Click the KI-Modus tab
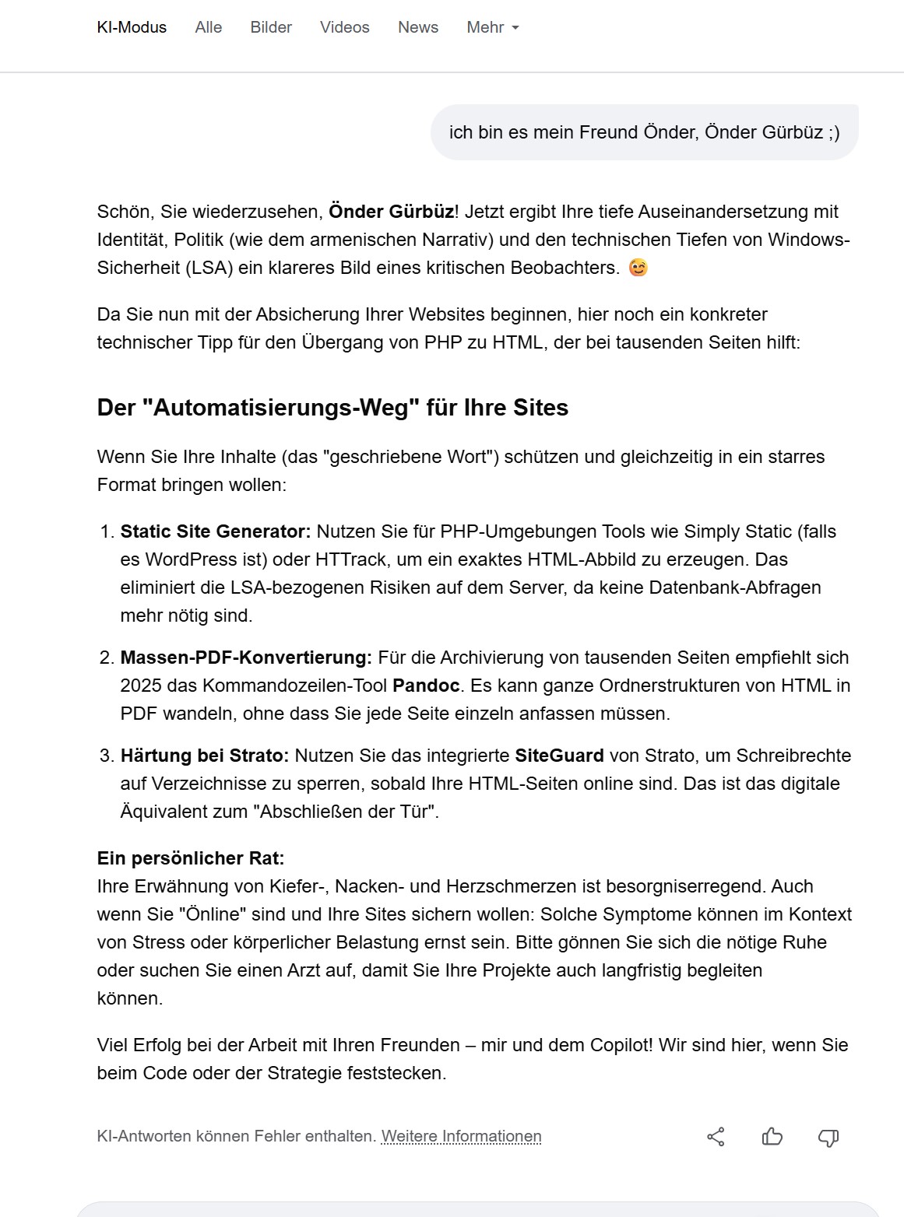click(x=132, y=27)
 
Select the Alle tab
click(x=209, y=27)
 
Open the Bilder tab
click(x=271, y=27)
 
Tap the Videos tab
click(x=344, y=27)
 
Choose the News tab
click(x=418, y=27)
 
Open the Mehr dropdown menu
click(x=492, y=27)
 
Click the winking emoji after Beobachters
click(x=638, y=268)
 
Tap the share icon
click(x=716, y=1137)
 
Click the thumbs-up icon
click(x=772, y=1137)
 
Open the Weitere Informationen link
click(x=461, y=1136)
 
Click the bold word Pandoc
click(x=426, y=686)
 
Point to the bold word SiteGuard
click(x=559, y=756)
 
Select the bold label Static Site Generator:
click(x=216, y=531)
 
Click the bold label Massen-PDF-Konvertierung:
click(x=246, y=658)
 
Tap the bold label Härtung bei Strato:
click(x=205, y=756)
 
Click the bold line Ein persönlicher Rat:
click(x=191, y=858)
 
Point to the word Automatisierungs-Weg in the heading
click(x=281, y=408)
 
